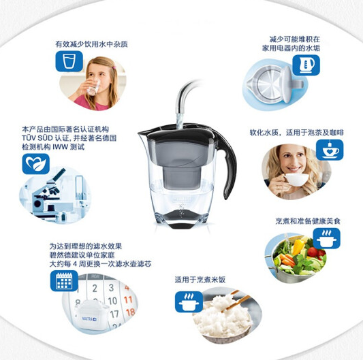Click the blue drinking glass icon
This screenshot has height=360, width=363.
(69, 61)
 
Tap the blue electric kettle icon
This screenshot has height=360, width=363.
(306, 65)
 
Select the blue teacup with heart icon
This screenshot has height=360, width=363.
(330, 150)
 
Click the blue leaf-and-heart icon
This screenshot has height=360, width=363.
(36, 164)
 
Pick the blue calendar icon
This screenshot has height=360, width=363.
(64, 280)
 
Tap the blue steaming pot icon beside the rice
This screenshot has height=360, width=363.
(189, 301)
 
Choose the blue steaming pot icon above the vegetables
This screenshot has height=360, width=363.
(326, 238)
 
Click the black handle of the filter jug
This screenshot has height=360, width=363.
(227, 162)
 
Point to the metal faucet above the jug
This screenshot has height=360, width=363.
(185, 97)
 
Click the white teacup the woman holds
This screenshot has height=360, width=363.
(296, 179)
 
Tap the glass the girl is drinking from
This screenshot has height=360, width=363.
(93, 87)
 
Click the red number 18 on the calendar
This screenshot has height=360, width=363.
(130, 312)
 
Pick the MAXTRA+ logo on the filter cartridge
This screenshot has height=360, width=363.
(89, 319)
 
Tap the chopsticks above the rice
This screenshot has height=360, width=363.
(236, 300)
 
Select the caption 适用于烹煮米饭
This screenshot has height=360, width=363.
(200, 280)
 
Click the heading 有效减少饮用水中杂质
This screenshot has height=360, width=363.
(91, 44)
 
